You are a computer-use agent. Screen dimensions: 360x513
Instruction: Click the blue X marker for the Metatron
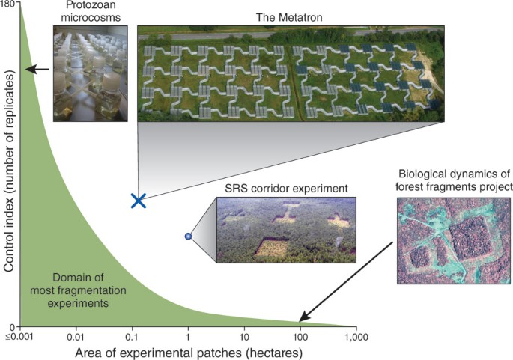pyautogui.click(x=138, y=200)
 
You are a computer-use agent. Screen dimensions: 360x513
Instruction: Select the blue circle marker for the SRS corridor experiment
pyautogui.click(x=189, y=237)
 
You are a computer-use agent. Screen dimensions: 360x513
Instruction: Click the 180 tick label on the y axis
pyautogui.click(x=9, y=5)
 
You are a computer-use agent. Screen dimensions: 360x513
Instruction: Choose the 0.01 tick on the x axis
pyautogui.click(x=74, y=338)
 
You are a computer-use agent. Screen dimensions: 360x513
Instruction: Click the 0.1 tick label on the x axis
pyautogui.click(x=131, y=338)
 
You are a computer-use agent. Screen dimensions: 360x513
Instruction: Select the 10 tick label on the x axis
pyautogui.click(x=243, y=338)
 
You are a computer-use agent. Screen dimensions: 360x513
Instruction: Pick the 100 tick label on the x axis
pyautogui.click(x=300, y=338)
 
